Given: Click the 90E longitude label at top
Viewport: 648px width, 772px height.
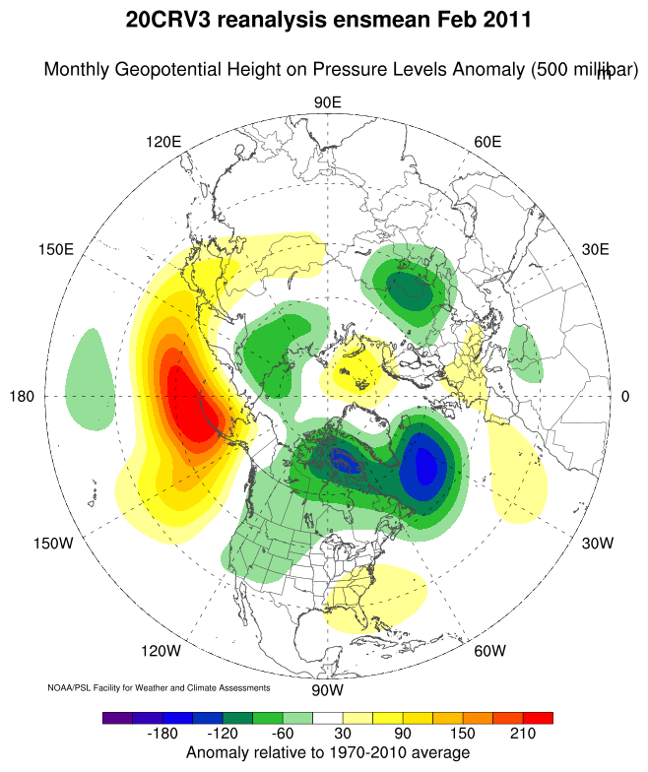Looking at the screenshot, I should pos(327,103).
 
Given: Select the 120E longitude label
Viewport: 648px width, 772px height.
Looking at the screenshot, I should pos(163,141).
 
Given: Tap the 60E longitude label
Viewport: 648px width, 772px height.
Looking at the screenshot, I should pos(487,141).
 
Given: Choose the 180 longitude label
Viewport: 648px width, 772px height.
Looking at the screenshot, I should pos(23,396).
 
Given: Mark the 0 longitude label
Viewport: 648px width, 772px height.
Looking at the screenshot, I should pos(625,396).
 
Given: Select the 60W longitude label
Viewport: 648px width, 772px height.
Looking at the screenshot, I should pos(489,650).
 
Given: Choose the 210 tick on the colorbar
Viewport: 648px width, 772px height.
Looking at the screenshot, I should pos(522,735).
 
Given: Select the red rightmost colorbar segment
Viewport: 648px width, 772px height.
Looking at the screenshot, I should pos(538,718).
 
